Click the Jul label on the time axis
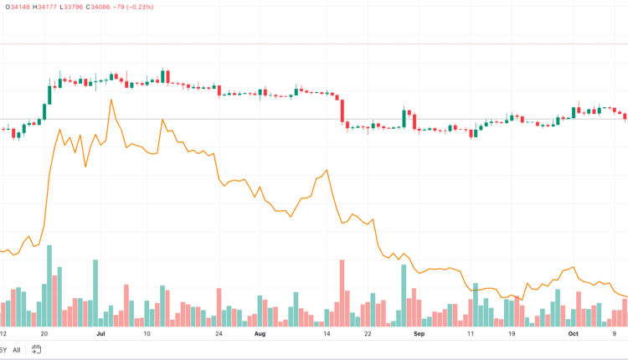(x=100, y=333)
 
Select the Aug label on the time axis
(x=259, y=333)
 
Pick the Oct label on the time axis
(x=574, y=333)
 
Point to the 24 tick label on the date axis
(x=219, y=333)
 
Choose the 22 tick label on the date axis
(x=368, y=333)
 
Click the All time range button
(x=17, y=350)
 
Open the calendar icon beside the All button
(x=36, y=350)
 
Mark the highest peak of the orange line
(x=110, y=100)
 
